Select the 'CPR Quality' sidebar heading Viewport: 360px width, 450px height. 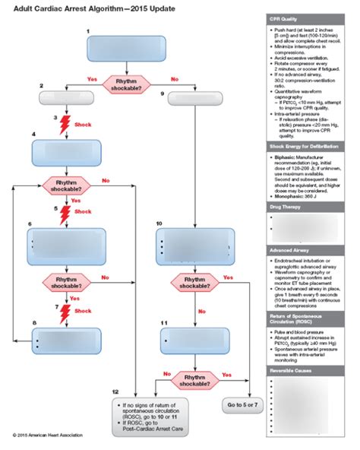(x=286, y=17)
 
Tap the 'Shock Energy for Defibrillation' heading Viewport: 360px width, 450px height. (x=302, y=146)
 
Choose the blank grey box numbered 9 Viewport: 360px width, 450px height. (x=195, y=98)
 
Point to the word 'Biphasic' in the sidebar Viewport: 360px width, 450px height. (x=285, y=158)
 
